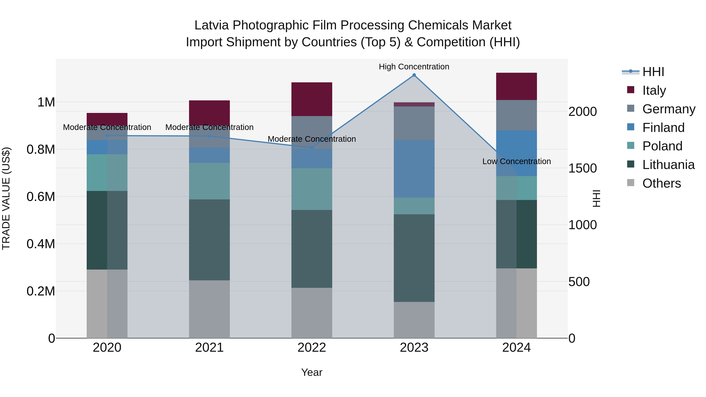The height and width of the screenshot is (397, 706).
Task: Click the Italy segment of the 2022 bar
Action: (312, 99)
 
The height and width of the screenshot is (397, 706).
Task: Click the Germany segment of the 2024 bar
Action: (516, 115)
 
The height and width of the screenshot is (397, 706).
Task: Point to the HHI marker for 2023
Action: (414, 75)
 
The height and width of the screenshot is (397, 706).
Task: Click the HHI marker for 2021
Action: (209, 136)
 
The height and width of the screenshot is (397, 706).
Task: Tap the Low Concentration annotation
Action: (516, 161)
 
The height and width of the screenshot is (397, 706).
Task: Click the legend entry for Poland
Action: (662, 146)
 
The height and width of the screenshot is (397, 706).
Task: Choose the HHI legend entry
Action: (653, 72)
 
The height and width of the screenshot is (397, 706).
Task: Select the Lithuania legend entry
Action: (668, 165)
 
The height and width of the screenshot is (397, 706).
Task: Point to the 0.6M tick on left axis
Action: (41, 197)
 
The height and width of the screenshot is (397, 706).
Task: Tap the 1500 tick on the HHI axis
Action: (582, 168)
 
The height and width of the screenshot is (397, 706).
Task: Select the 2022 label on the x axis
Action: (312, 348)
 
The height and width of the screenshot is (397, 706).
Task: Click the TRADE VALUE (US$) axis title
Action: (6, 198)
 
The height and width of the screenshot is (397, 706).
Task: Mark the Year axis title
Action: (312, 372)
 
